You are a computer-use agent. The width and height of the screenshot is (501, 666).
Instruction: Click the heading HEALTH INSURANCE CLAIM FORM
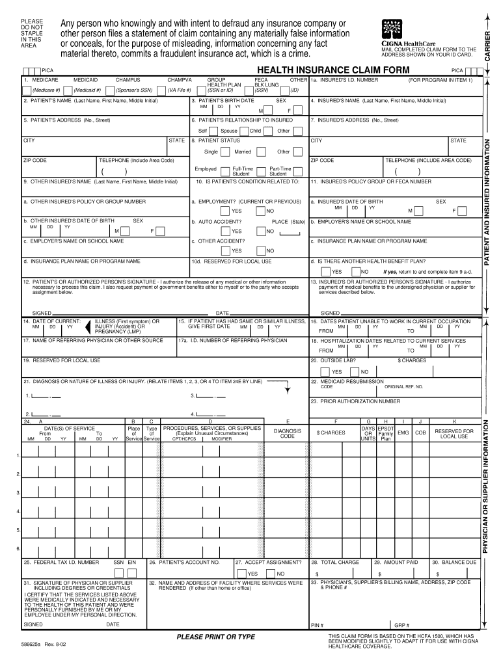[x=333, y=70]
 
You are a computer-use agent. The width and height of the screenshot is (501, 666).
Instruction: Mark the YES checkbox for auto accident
[x=224, y=231]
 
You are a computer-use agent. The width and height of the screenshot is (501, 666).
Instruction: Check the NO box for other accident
[x=260, y=250]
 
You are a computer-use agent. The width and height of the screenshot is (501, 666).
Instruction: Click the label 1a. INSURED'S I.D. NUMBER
[x=345, y=80]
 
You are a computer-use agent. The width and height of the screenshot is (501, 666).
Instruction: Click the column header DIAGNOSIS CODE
[x=288, y=433]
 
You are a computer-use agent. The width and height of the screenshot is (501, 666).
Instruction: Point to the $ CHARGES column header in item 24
[x=331, y=433]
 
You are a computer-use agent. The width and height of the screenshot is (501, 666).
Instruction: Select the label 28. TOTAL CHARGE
[x=336, y=562]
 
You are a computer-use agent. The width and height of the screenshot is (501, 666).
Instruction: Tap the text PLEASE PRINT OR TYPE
[x=216, y=637]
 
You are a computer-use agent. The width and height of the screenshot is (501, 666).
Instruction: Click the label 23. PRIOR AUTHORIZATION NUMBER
[x=356, y=401]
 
